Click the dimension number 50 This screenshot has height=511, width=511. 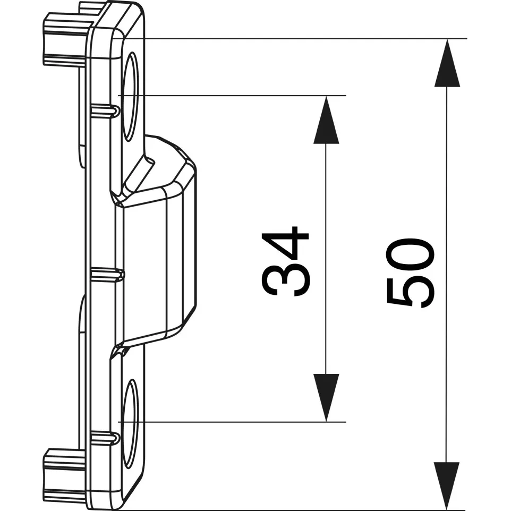tap(410, 272)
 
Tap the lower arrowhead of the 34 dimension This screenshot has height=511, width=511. tap(326, 397)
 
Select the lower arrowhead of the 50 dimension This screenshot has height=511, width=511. tap(447, 486)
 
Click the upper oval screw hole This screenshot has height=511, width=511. tap(130, 97)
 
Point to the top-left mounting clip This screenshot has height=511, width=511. tap(67, 39)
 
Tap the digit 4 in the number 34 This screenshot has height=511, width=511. tap(285, 242)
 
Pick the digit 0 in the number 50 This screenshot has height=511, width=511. tap(410, 254)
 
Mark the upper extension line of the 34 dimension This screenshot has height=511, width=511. tap(232, 96)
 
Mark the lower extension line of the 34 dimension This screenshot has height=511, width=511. tap(232, 422)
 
